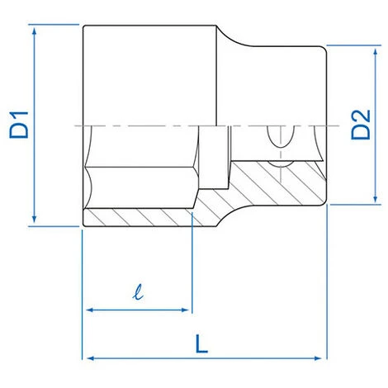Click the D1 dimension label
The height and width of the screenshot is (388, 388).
click(19, 125)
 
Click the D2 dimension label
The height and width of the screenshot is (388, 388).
click(361, 125)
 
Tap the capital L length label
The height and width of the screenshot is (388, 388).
click(201, 343)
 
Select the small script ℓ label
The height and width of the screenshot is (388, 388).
click(138, 292)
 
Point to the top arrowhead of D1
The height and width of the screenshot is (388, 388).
click(34, 31)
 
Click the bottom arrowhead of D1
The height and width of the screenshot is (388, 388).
click(34, 219)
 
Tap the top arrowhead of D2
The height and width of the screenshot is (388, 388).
click(376, 52)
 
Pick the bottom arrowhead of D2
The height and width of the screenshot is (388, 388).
click(376, 199)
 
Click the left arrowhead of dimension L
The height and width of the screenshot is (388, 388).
click(91, 358)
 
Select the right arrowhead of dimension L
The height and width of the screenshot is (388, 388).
click(318, 358)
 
